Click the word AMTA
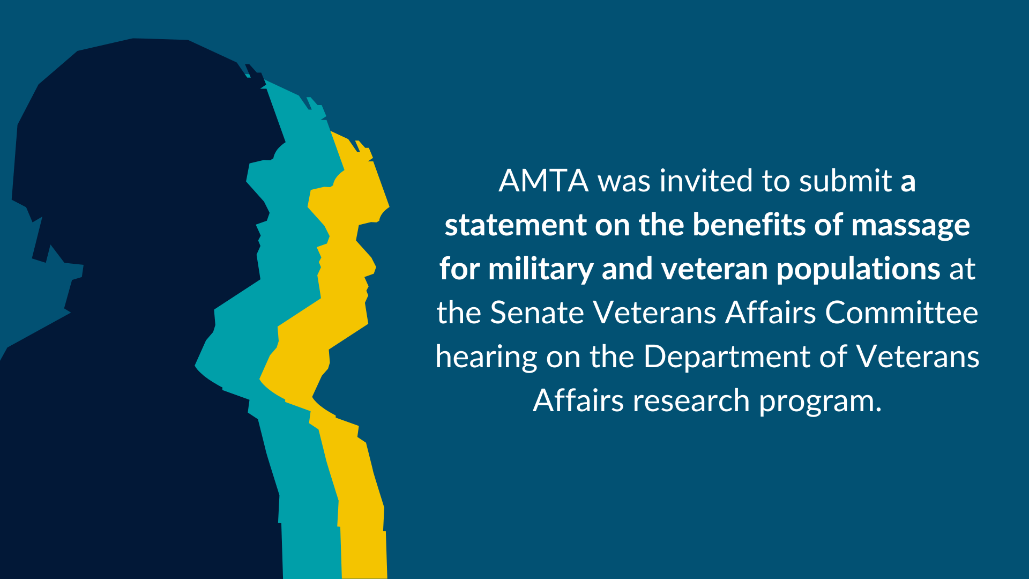pyautogui.click(x=543, y=181)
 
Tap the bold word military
pyautogui.click(x=541, y=270)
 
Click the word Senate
pyautogui.click(x=537, y=313)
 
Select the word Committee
pyautogui.click(x=901, y=313)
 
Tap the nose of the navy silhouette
pyautogui.click(x=263, y=209)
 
